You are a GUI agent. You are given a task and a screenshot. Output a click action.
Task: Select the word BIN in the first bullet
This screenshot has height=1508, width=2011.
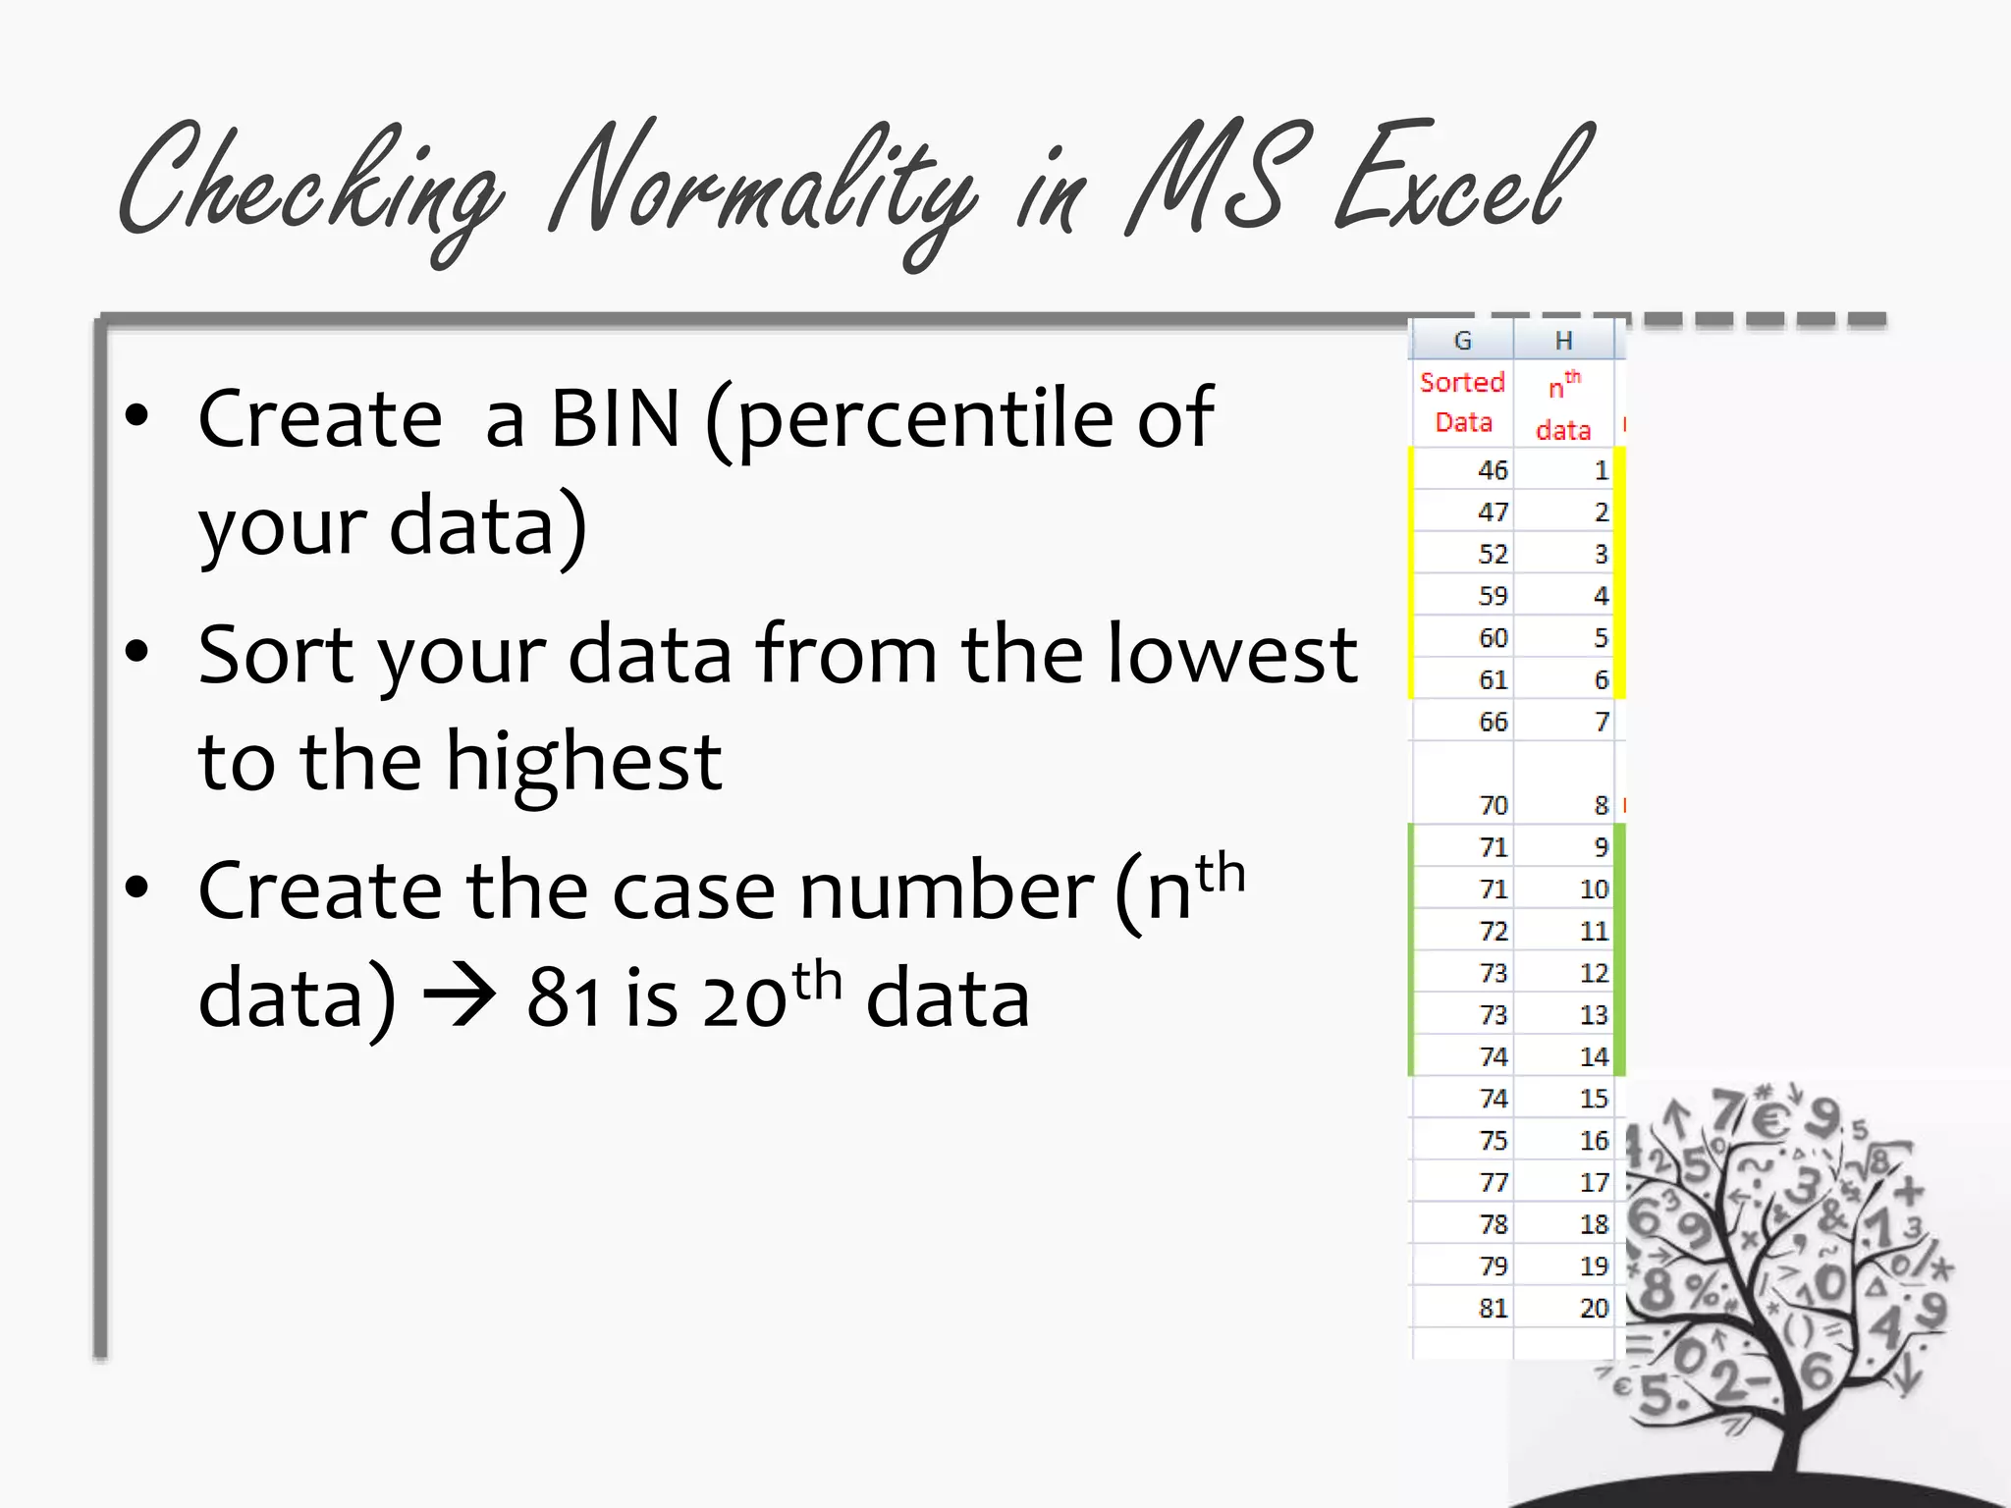coord(615,418)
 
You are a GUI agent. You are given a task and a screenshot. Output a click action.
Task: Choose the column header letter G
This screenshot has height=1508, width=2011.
coord(1462,341)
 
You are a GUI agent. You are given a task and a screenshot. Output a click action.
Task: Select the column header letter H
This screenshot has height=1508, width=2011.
coord(1563,341)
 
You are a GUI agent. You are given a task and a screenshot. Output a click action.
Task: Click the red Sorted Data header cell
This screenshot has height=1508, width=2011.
coord(1462,402)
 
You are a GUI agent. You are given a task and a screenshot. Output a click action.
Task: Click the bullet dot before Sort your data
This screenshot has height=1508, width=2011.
coord(136,651)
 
